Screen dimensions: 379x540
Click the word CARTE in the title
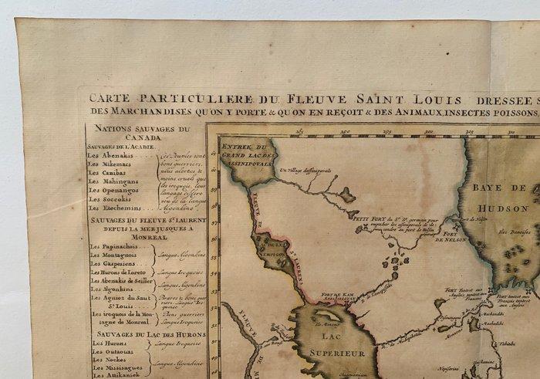(x=109, y=99)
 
